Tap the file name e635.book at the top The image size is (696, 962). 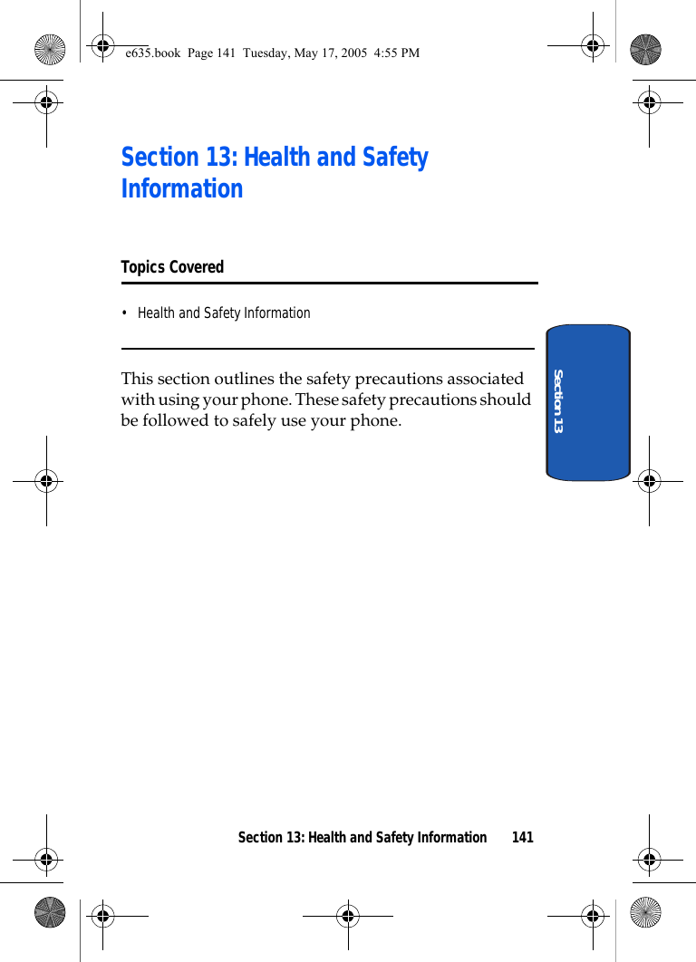154,53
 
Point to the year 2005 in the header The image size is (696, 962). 353,53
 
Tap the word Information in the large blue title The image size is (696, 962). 182,189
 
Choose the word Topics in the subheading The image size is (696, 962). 142,267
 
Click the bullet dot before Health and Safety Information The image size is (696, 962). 125,313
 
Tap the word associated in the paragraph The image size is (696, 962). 485,379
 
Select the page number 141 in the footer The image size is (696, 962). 523,838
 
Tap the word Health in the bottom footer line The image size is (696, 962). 328,838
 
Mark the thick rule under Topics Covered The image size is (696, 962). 329,284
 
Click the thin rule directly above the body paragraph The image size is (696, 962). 327,349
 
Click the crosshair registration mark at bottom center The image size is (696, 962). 348,916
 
